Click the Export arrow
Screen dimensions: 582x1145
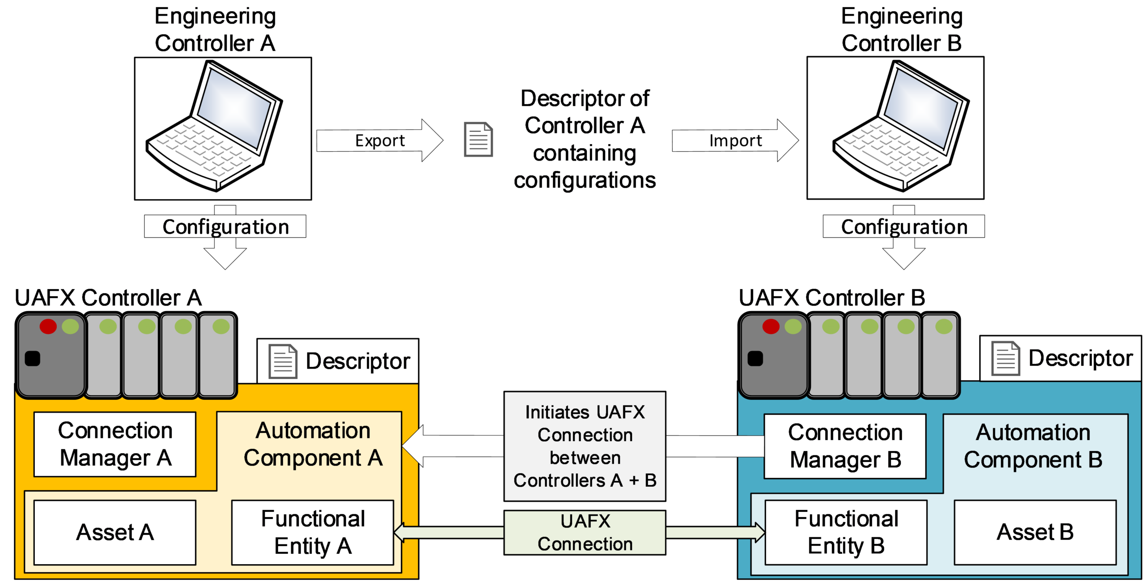pos(379,140)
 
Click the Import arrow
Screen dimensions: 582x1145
pos(735,140)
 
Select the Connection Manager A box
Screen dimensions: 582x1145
pos(115,444)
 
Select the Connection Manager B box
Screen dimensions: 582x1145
pos(845,446)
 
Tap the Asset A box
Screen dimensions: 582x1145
pos(115,532)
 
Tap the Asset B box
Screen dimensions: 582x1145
pos(1035,532)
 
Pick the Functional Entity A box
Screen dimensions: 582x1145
pos(313,532)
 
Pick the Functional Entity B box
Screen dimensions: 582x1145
pos(846,532)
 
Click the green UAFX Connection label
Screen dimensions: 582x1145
pos(585,532)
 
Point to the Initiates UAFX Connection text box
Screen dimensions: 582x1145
pos(585,446)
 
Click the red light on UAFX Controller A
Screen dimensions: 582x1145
pos(48,326)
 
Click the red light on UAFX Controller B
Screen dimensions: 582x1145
pos(771,326)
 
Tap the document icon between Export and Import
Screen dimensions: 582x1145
pos(478,140)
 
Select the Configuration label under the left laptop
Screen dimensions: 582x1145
pos(225,227)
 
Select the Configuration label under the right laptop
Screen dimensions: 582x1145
pos(904,227)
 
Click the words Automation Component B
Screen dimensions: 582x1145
pos(1033,446)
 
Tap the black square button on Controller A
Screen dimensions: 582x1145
pos(32,358)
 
